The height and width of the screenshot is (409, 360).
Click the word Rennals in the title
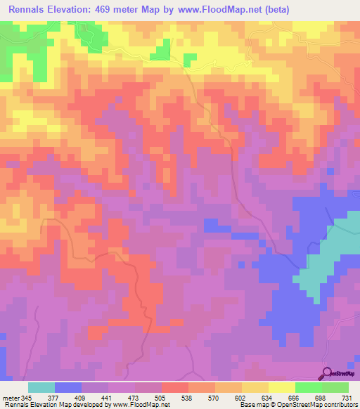tap(31, 11)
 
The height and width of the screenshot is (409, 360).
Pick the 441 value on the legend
tap(108, 397)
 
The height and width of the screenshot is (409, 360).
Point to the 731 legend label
tap(347, 397)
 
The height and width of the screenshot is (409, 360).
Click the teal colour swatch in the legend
tap(41, 387)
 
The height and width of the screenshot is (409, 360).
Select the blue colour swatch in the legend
tap(68, 387)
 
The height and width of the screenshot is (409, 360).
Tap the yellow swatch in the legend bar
tap(281, 387)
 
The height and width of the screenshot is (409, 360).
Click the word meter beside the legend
tap(10, 397)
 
